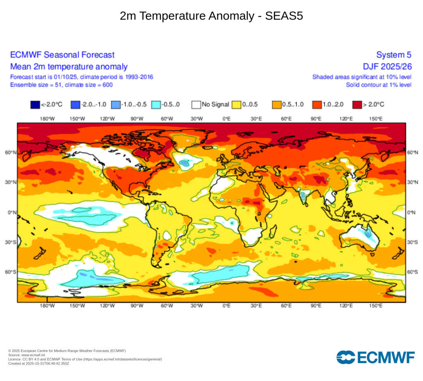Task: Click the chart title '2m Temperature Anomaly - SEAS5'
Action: tap(211, 16)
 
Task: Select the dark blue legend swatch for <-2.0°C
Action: tap(36, 105)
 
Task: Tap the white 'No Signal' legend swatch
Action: tap(196, 105)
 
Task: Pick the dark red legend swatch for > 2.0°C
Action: tap(357, 105)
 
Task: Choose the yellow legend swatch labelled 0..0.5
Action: tap(236, 105)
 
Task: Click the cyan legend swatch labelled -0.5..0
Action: tap(156, 105)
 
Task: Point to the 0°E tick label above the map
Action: tap(226, 119)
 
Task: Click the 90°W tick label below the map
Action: tap(137, 306)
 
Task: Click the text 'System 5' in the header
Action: tap(393, 55)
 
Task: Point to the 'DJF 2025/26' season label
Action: tap(387, 67)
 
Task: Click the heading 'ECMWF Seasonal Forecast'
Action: tap(62, 55)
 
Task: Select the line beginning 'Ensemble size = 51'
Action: tap(61, 85)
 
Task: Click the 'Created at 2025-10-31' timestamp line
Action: tap(39, 363)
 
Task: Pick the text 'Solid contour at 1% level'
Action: tap(378, 85)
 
